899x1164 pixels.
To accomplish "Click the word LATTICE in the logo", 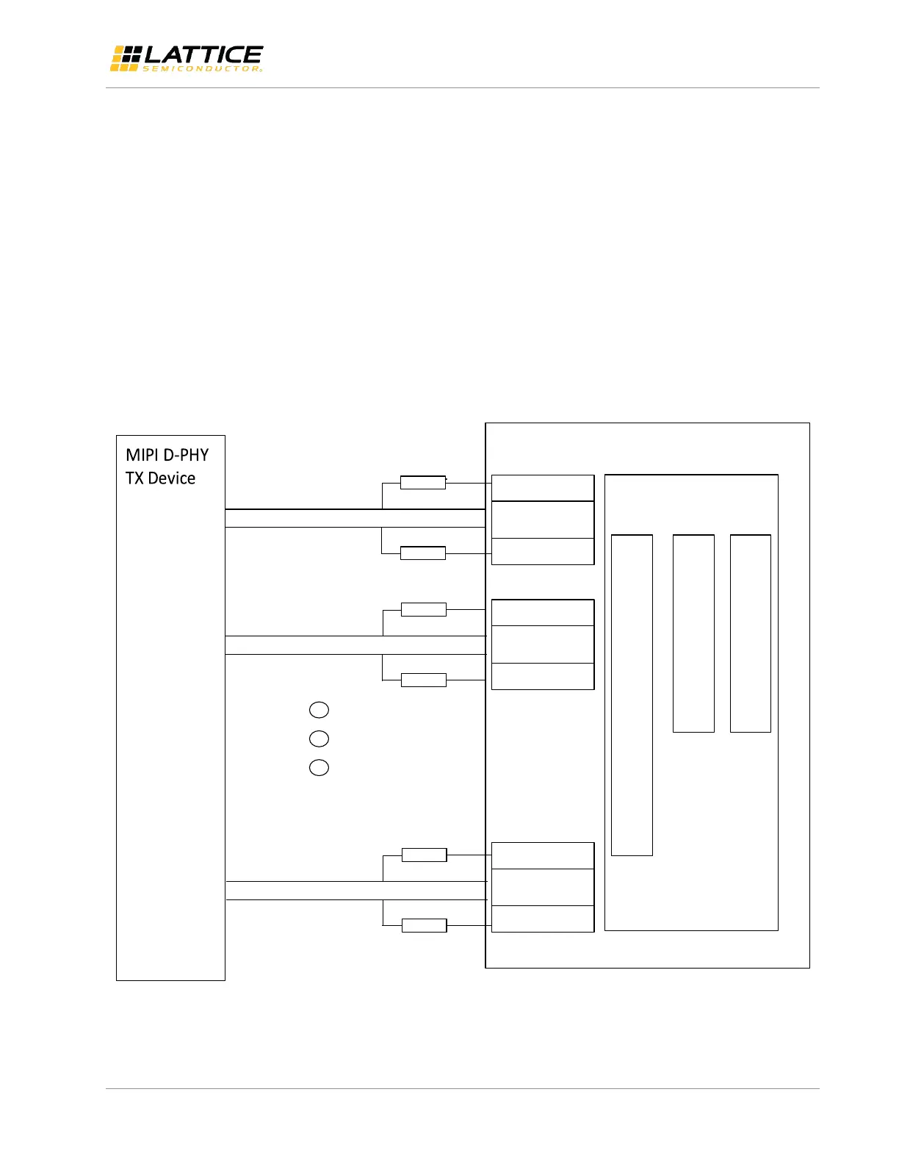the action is click(x=203, y=54).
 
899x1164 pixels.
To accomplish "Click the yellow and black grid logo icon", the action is click(x=125, y=58).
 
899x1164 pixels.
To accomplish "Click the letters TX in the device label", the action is click(x=134, y=478).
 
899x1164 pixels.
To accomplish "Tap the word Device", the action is click(x=172, y=478).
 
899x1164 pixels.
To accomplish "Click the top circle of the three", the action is click(x=319, y=710).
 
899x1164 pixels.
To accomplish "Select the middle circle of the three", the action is click(x=319, y=739).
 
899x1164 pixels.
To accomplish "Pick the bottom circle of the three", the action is click(x=319, y=768).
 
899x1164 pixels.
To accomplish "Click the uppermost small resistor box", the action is click(x=423, y=483).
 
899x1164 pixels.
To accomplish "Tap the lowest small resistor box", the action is click(x=425, y=925).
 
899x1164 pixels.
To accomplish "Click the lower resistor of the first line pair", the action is click(x=423, y=553).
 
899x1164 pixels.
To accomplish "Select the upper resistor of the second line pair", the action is click(x=424, y=609).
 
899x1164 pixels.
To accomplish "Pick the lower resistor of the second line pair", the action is click(x=424, y=680).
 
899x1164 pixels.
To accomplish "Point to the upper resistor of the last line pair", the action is click(x=425, y=855).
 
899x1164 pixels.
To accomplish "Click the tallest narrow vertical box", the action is click(x=632, y=695).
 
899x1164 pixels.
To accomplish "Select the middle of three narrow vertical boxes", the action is click(x=693, y=633).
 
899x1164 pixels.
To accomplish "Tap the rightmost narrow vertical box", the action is click(x=751, y=633).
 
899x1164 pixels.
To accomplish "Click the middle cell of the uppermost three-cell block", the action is click(x=543, y=520).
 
